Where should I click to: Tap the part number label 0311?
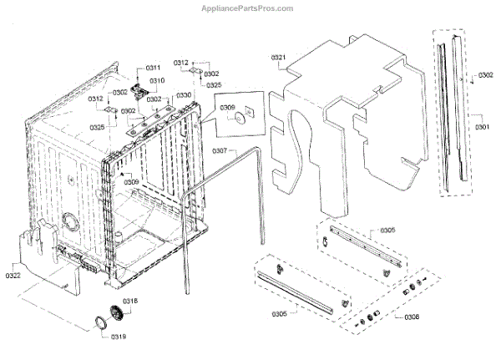(x=154, y=67)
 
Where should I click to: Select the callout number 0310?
(x=157, y=80)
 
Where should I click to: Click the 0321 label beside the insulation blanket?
(x=279, y=57)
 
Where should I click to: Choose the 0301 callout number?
(x=483, y=127)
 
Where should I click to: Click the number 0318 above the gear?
(x=131, y=301)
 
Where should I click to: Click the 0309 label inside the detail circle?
(x=229, y=107)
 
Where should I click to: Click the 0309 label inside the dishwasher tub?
(x=131, y=181)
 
